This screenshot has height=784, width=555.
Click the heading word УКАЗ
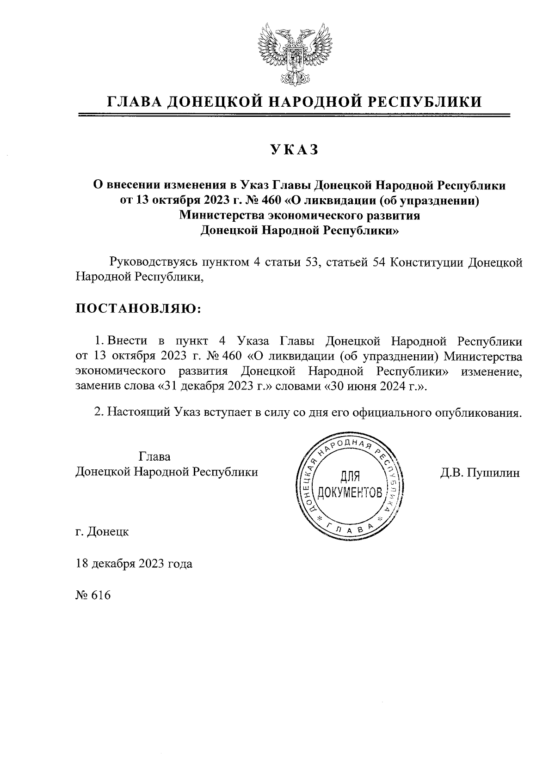click(x=295, y=150)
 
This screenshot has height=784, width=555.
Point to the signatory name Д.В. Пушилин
click(x=480, y=473)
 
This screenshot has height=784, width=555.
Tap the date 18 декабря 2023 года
click(x=134, y=564)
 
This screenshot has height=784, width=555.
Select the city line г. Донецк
click(x=102, y=532)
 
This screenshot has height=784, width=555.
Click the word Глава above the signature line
click(x=154, y=457)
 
